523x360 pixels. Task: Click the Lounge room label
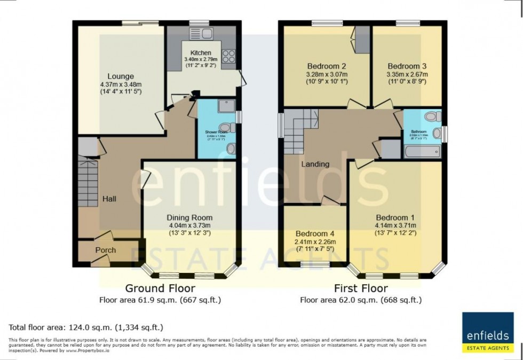click(x=120, y=76)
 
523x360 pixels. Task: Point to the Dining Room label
click(x=189, y=217)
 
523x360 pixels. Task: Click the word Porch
click(x=106, y=251)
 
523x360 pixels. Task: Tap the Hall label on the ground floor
click(x=109, y=199)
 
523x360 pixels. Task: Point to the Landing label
click(x=315, y=164)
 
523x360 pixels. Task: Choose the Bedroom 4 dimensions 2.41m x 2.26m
click(x=315, y=242)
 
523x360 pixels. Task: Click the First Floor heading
click(x=360, y=288)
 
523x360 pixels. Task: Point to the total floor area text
click(x=86, y=327)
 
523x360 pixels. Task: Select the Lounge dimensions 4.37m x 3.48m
click(x=120, y=84)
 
